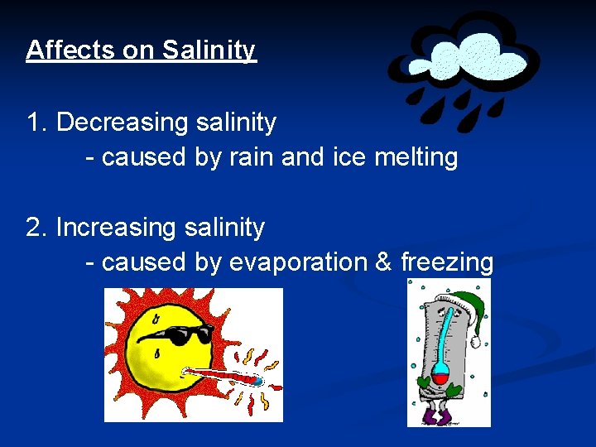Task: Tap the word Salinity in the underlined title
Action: [x=209, y=50]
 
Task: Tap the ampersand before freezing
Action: [x=383, y=262]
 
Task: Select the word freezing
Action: [x=447, y=262]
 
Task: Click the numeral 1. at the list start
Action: [x=38, y=123]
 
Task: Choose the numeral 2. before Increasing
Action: [x=38, y=227]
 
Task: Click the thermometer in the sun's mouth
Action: [x=223, y=377]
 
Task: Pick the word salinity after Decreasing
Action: [x=237, y=123]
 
